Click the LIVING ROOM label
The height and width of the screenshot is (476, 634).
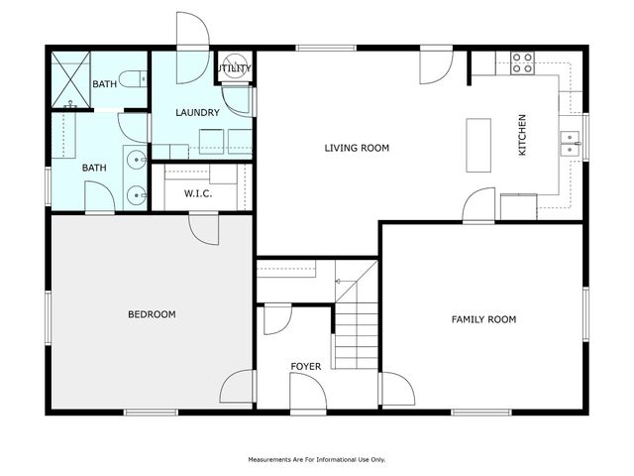[x=357, y=148]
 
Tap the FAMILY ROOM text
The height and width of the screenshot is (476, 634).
[x=483, y=319]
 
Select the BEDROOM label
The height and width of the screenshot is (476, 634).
[x=152, y=314]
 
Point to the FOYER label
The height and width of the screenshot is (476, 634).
[x=305, y=367]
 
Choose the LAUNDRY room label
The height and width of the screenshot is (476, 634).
[x=197, y=113]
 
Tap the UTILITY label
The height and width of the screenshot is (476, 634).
[x=235, y=68]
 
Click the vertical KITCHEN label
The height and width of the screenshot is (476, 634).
[x=522, y=135]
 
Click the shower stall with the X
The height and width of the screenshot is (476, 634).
[x=70, y=79]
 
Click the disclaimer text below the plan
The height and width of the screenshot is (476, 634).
[x=316, y=459]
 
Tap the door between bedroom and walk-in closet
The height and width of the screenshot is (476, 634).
[x=204, y=229]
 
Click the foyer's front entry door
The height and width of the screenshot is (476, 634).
[x=308, y=395]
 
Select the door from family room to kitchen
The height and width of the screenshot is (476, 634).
[x=479, y=205]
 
